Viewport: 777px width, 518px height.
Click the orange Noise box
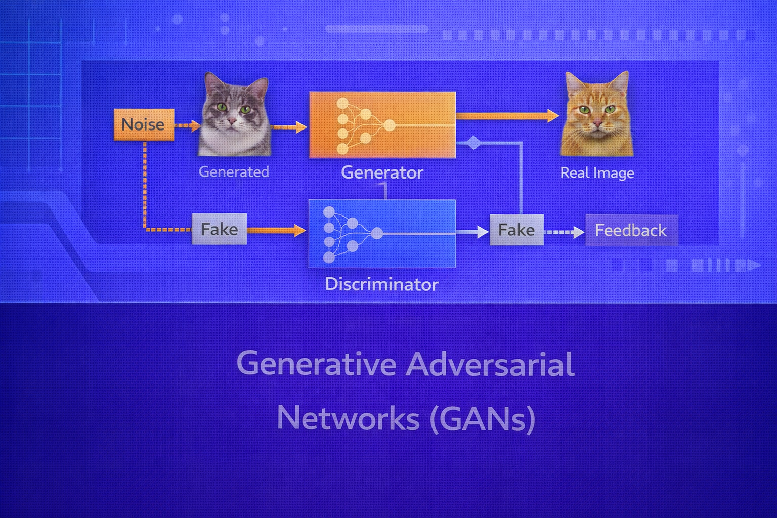click(144, 124)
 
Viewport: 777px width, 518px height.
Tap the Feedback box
click(631, 231)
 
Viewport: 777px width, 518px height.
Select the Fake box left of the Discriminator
click(219, 229)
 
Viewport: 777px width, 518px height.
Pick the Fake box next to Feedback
click(516, 230)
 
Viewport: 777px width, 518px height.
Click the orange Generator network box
click(382, 125)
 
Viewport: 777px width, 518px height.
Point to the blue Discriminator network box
click(382, 233)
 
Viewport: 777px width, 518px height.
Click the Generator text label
click(382, 172)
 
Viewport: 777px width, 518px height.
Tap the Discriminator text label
click(381, 284)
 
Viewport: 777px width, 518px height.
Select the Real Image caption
click(597, 173)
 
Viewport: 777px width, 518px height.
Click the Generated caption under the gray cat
click(234, 172)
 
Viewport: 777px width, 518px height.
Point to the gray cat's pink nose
click(232, 121)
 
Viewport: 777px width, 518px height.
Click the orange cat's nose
click(597, 123)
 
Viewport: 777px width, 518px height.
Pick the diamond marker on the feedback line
click(473, 143)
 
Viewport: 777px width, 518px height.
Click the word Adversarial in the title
click(490, 364)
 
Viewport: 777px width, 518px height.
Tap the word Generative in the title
click(316, 364)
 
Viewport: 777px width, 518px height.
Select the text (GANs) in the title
click(483, 419)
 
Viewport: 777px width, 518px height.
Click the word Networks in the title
click(349, 419)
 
